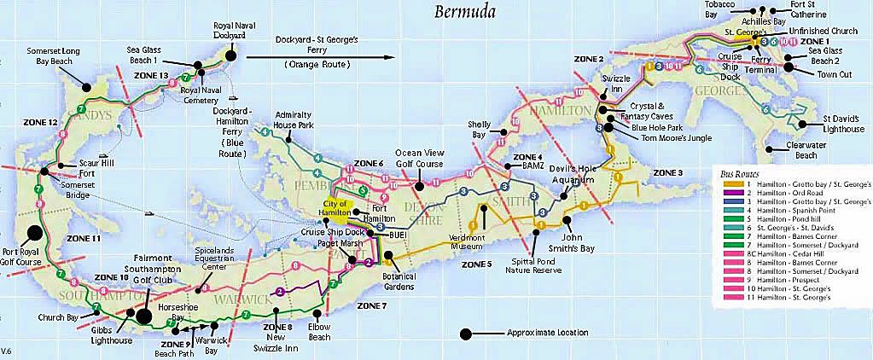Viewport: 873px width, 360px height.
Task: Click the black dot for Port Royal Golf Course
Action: click(35, 231)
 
